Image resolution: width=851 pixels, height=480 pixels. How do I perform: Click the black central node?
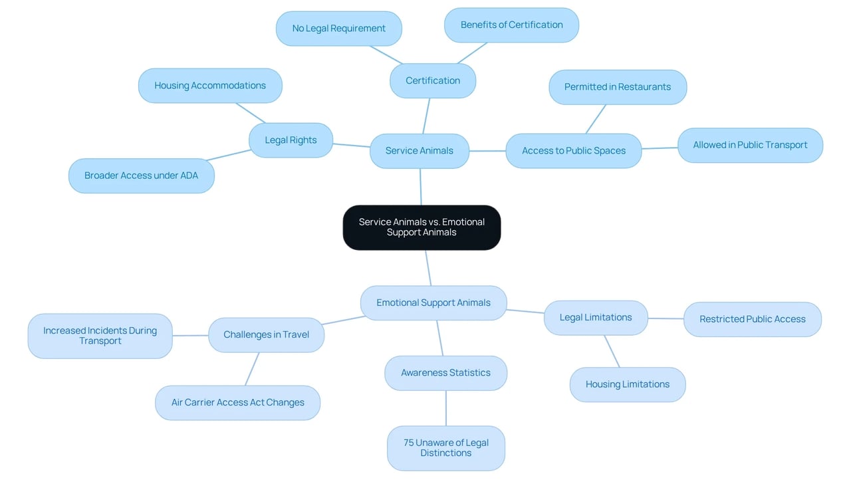pyautogui.click(x=422, y=227)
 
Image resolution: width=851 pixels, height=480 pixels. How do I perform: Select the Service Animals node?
pyautogui.click(x=420, y=151)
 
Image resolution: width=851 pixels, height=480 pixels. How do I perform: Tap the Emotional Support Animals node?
pyautogui.click(x=433, y=302)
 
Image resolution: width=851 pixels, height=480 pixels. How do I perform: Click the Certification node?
pyautogui.click(x=433, y=80)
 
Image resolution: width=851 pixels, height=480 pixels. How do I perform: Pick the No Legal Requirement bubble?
pyautogui.click(x=339, y=29)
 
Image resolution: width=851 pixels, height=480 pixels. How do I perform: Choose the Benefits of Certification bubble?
pyautogui.click(x=512, y=25)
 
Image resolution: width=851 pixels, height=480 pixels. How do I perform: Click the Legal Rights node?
pyautogui.click(x=291, y=140)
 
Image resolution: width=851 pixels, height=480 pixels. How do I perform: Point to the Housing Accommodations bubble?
pyautogui.click(x=210, y=86)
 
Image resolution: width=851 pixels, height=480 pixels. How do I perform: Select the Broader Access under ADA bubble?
pyautogui.click(x=142, y=176)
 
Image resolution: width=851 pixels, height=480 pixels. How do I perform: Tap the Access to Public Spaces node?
pyautogui.click(x=574, y=151)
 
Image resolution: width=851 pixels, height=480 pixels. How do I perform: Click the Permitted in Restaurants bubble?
pyautogui.click(x=618, y=87)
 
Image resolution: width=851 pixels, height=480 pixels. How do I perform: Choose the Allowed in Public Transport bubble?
pyautogui.click(x=751, y=145)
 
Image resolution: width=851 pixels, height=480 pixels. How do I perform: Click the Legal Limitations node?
pyautogui.click(x=596, y=318)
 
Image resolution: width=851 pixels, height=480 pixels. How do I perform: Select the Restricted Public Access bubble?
pyautogui.click(x=753, y=319)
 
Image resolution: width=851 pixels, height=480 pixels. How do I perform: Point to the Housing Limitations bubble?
pyautogui.click(x=628, y=384)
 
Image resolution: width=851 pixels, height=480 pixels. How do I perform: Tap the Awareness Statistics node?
pyautogui.click(x=445, y=373)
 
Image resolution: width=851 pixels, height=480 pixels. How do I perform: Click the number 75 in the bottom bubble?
pyautogui.click(x=408, y=443)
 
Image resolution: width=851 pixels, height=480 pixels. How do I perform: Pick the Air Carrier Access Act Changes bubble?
pyautogui.click(x=238, y=402)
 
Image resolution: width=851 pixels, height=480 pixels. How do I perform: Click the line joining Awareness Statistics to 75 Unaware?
pyautogui.click(x=446, y=408)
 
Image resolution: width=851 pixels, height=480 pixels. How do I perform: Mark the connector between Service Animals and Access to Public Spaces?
pyautogui.click(x=487, y=151)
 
